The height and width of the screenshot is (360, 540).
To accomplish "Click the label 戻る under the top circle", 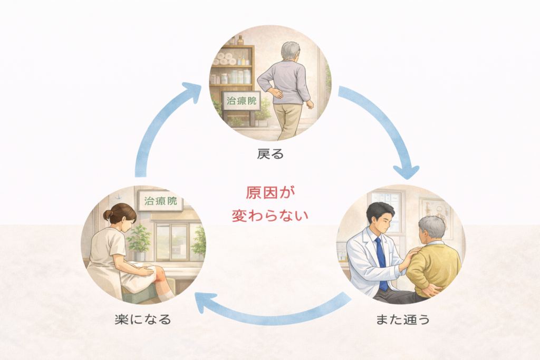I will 270,154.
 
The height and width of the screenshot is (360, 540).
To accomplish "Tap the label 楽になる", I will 143,319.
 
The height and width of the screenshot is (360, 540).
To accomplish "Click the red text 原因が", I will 270,192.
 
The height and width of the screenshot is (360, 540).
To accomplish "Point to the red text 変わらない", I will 270,216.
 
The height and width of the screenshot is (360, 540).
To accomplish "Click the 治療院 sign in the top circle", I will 241,101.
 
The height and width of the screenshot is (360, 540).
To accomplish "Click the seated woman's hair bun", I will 108,215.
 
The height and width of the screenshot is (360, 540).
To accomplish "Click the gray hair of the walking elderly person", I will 290,50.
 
